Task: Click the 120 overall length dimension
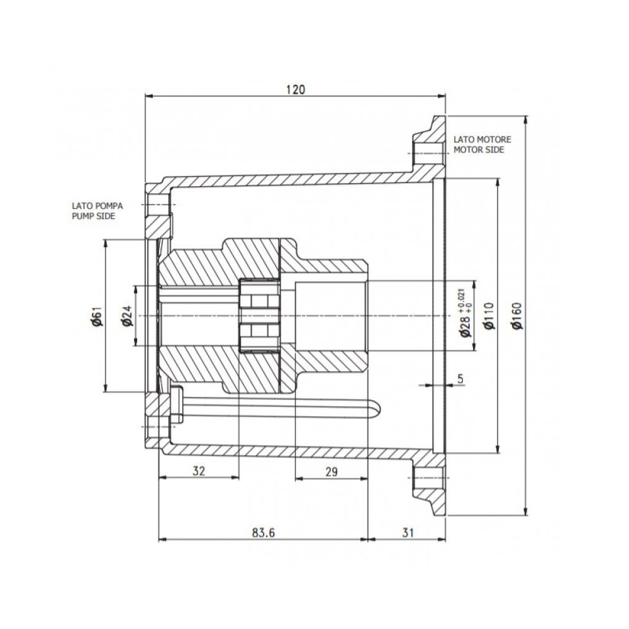click(x=296, y=89)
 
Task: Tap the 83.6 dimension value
click(x=264, y=533)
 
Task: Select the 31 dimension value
click(x=408, y=533)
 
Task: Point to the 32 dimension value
click(x=199, y=470)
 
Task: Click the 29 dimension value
click(x=331, y=472)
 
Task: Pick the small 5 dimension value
click(x=460, y=378)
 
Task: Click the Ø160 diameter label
click(x=518, y=316)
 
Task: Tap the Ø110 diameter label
click(x=489, y=316)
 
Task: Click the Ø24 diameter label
click(x=127, y=316)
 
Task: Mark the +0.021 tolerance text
click(x=461, y=299)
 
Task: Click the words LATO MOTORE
click(x=482, y=140)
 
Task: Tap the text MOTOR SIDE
click(x=479, y=150)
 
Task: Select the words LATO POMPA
click(x=97, y=206)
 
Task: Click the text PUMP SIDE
click(x=94, y=216)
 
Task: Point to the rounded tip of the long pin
click(x=379, y=409)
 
